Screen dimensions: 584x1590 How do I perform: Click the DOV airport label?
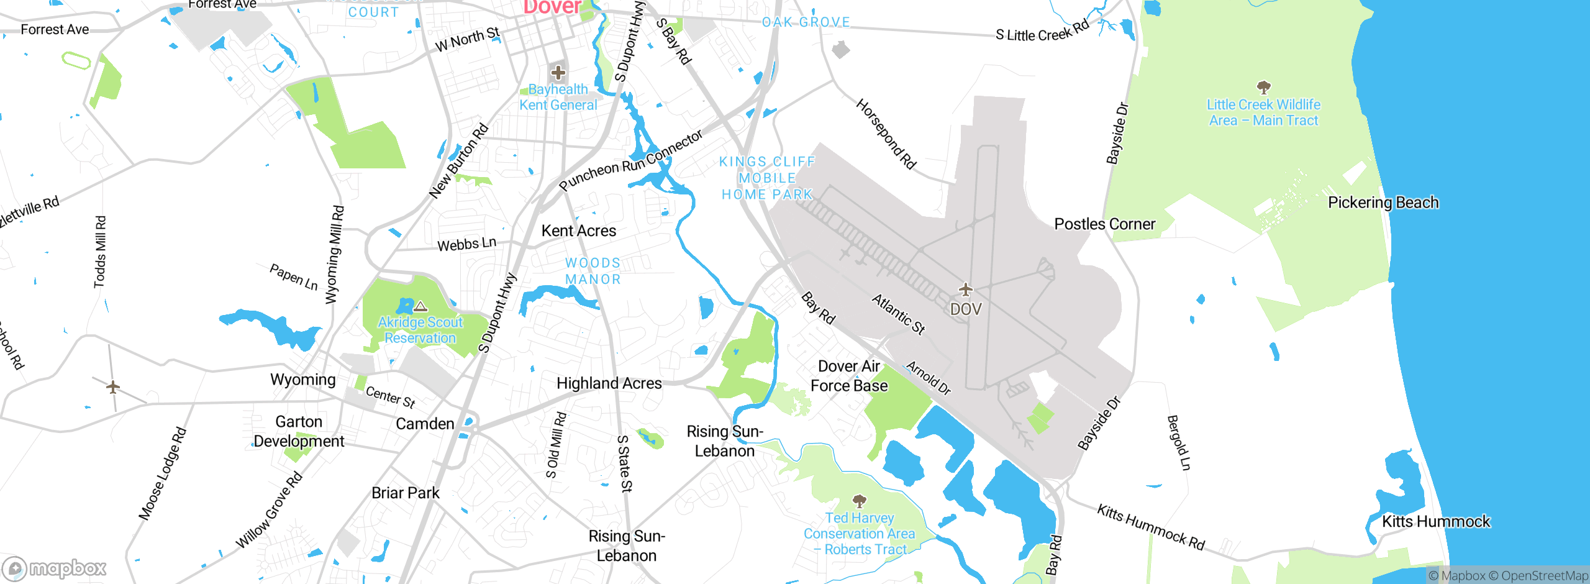(x=966, y=309)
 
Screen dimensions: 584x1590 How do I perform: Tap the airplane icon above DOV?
(x=966, y=290)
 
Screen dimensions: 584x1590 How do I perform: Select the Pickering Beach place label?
(x=1383, y=203)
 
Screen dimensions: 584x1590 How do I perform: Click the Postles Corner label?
(x=1105, y=224)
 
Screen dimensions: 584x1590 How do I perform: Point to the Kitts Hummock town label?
(x=1436, y=521)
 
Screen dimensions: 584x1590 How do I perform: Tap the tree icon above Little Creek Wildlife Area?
(x=1263, y=87)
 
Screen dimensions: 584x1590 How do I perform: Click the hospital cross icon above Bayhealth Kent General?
(x=558, y=73)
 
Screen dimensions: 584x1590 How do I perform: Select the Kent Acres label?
(x=579, y=230)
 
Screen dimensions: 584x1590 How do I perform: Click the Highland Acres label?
(x=609, y=383)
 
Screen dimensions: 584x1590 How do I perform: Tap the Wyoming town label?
(x=303, y=379)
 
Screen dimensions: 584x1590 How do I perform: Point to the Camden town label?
(x=425, y=424)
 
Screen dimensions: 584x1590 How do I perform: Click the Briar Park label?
(x=405, y=493)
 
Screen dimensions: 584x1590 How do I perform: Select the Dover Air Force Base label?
(x=849, y=376)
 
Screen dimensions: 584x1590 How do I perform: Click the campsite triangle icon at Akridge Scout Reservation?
(x=420, y=306)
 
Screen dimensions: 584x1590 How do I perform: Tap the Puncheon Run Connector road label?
(x=630, y=160)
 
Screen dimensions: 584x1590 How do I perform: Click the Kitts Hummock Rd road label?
(x=1151, y=527)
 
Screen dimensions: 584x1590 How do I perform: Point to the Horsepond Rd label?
(x=886, y=134)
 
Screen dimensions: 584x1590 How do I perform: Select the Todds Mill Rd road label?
(x=100, y=252)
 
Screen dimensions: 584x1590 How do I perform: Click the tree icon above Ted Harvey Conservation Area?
(x=860, y=501)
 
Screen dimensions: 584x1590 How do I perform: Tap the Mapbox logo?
(x=55, y=568)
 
